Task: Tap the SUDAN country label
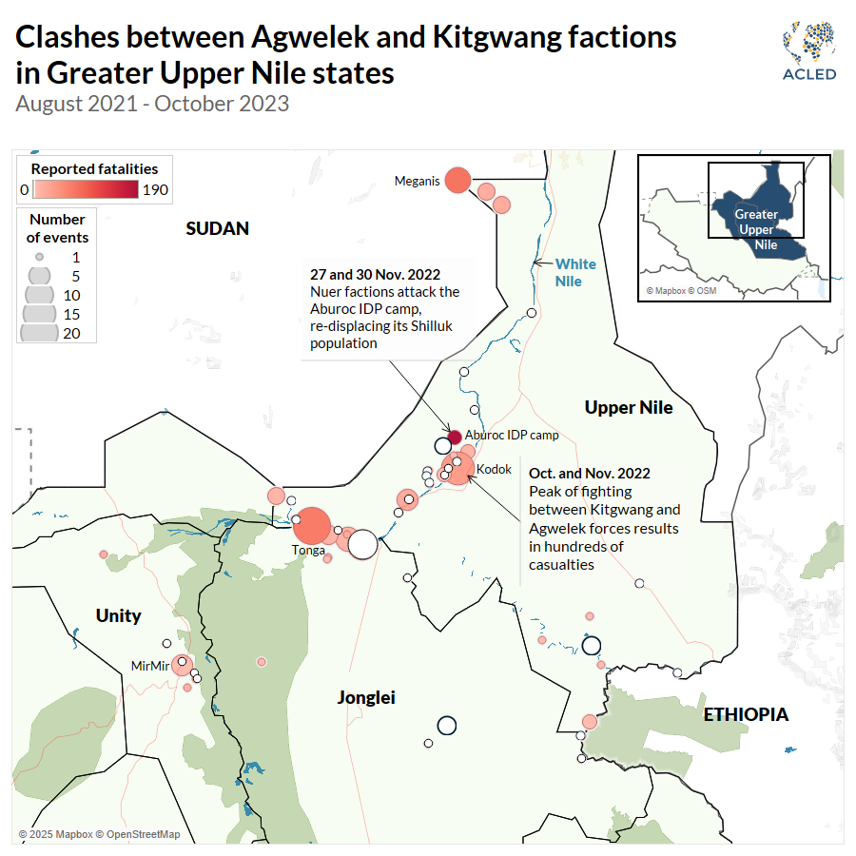217,228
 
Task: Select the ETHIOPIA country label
746,714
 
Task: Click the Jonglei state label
366,698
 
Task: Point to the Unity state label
118,616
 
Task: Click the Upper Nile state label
629,408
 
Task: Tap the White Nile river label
575,272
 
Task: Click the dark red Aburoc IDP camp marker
455,437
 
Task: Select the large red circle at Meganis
458,179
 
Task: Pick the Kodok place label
494,469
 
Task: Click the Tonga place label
309,550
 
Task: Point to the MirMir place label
150,666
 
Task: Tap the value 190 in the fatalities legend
155,190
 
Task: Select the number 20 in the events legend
71,333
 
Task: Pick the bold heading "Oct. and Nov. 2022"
590,473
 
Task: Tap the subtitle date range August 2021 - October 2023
152,103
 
